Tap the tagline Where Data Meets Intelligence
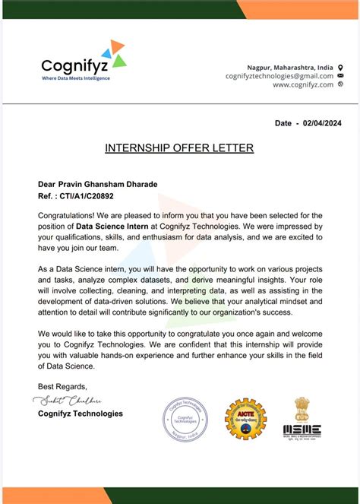(75, 78)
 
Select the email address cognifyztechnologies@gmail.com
(279, 76)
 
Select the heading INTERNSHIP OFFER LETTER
(179, 147)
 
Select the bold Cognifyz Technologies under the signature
(80, 414)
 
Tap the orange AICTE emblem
(245, 419)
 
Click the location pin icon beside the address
(340, 67)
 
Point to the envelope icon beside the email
(340, 76)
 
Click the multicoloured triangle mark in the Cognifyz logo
(114, 53)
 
